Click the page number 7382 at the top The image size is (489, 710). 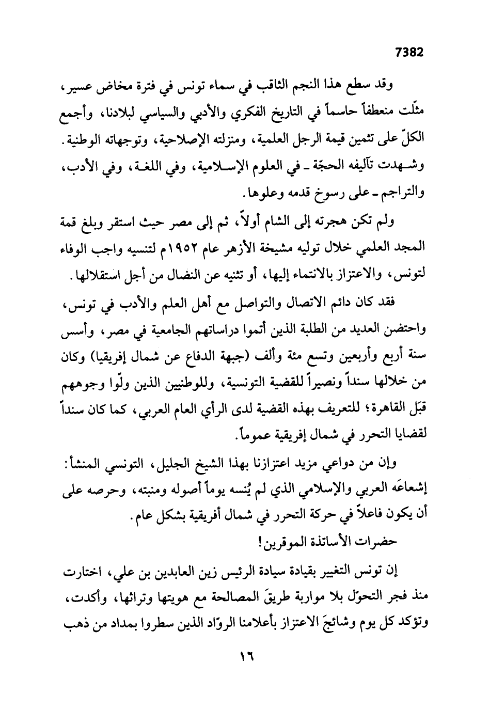point(408,52)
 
